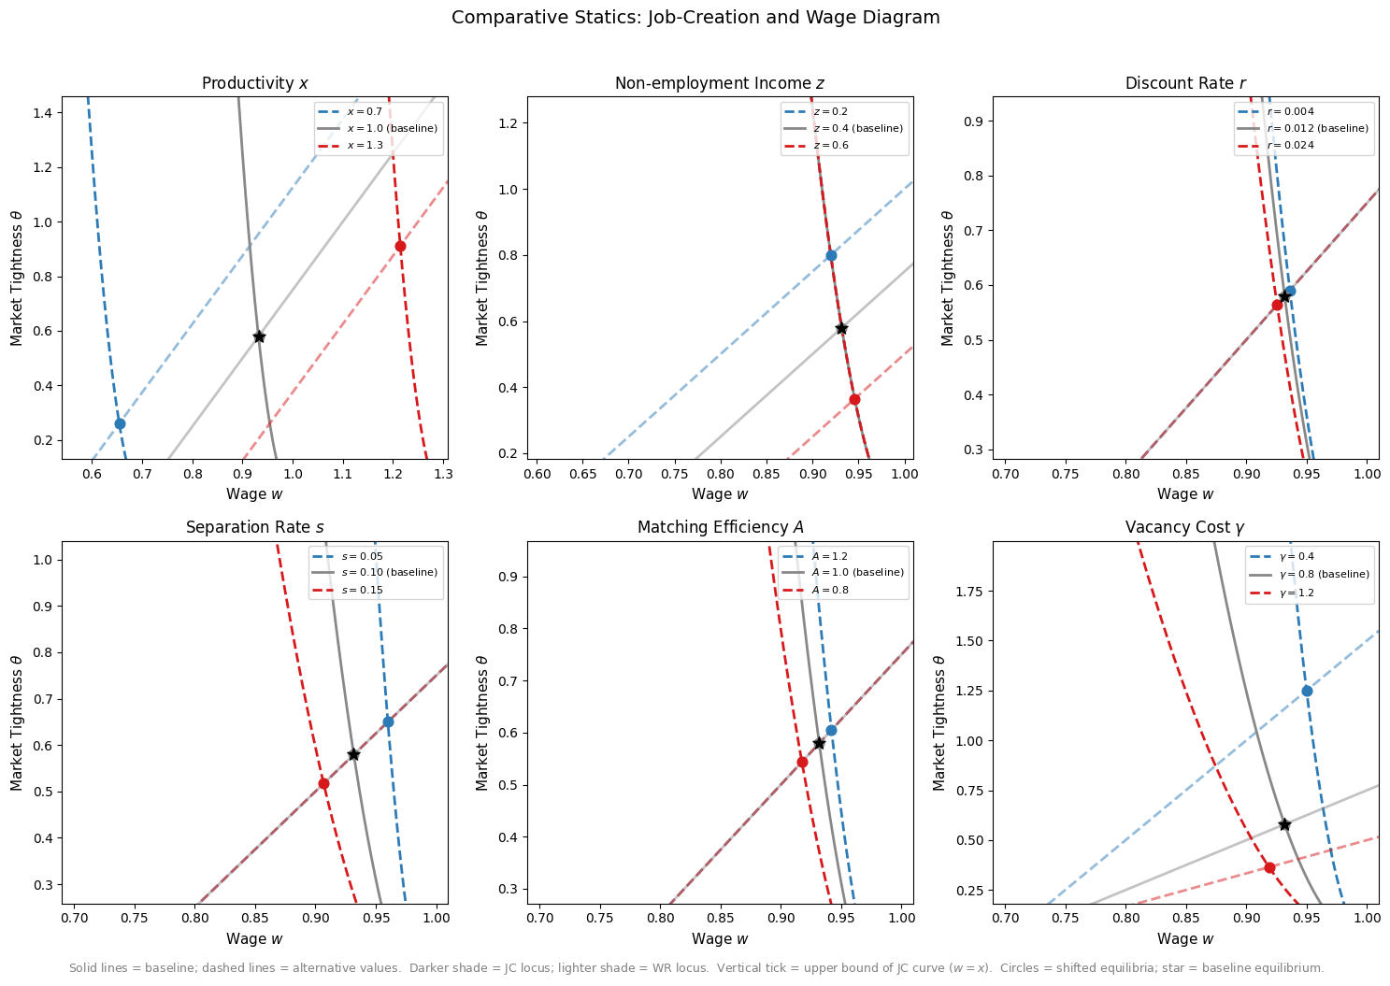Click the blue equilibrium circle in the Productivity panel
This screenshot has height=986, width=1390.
(120, 423)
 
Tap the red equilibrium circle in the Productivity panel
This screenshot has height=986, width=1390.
(400, 247)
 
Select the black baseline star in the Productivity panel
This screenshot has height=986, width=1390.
(259, 336)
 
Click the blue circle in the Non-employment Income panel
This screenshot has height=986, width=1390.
(831, 256)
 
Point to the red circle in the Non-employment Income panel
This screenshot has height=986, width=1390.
(854, 399)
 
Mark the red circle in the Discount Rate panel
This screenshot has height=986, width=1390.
(1277, 305)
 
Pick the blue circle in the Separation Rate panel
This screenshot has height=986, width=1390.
(389, 722)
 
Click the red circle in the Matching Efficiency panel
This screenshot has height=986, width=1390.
(802, 762)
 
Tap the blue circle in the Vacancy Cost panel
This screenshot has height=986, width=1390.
(1307, 692)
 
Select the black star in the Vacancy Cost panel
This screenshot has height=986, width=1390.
(1284, 824)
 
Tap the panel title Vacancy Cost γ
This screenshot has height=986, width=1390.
(1185, 527)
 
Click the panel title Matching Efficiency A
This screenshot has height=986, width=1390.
(721, 527)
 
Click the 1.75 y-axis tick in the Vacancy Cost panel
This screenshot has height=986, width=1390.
(970, 592)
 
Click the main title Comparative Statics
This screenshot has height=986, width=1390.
(547, 18)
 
